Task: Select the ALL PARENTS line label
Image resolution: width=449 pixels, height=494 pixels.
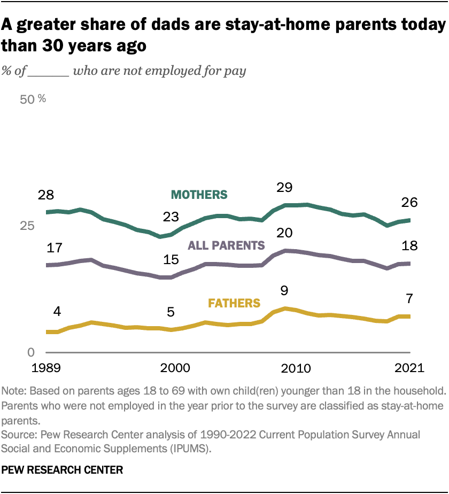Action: tap(226, 245)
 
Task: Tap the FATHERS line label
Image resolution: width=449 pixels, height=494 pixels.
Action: tap(234, 303)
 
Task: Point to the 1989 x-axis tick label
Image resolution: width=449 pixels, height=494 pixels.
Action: tap(46, 368)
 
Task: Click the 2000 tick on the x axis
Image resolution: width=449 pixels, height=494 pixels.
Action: tap(172, 368)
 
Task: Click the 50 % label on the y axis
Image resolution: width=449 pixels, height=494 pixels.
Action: tap(33, 99)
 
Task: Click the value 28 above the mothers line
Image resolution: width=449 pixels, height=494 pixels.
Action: tap(46, 195)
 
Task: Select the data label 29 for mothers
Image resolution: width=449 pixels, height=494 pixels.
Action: tap(285, 187)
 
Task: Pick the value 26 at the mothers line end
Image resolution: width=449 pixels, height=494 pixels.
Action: tap(409, 203)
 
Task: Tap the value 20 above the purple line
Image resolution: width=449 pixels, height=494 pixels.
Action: tap(285, 234)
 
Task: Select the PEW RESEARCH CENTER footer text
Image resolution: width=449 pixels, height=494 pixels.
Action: tap(63, 470)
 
